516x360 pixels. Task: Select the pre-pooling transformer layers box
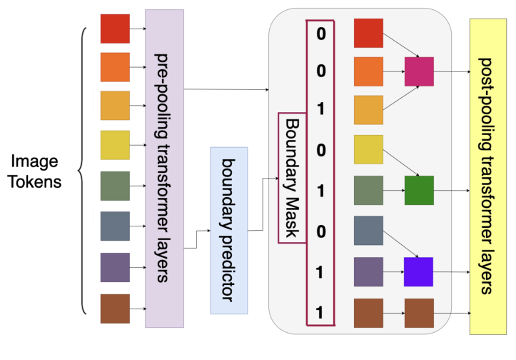point(165,169)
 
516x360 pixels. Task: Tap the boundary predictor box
point(228,230)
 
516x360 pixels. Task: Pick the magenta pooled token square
point(418,71)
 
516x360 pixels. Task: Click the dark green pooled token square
point(418,191)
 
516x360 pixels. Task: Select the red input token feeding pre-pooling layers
point(115,29)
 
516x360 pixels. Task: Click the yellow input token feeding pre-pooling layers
point(115,146)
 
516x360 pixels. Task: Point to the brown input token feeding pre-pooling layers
point(115,309)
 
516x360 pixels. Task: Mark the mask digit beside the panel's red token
point(320,34)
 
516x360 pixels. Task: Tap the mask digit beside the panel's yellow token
point(320,151)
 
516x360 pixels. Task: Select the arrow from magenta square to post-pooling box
point(451,71)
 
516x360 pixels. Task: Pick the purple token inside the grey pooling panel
point(369,272)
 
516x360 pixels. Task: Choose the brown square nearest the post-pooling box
point(418,313)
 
